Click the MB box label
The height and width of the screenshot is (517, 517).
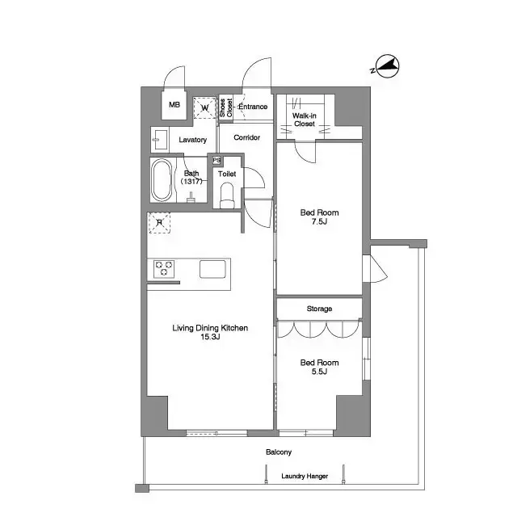(x=174, y=105)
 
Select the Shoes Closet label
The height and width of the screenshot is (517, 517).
(x=226, y=107)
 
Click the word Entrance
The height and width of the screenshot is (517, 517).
(x=253, y=107)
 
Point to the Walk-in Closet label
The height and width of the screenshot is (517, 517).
(x=304, y=120)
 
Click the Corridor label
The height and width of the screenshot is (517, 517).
(x=246, y=138)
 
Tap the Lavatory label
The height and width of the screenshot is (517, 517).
(x=192, y=140)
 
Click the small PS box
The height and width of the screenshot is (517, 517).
(x=216, y=161)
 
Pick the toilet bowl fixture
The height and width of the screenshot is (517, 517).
(x=227, y=194)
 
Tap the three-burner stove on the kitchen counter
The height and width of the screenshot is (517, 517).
(x=165, y=268)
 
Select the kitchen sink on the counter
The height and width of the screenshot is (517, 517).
(x=213, y=269)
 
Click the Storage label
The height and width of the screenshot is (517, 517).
(x=318, y=309)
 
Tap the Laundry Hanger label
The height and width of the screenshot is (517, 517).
(x=304, y=477)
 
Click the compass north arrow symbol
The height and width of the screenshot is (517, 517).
(x=387, y=68)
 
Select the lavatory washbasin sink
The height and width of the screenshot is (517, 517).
(x=158, y=139)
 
